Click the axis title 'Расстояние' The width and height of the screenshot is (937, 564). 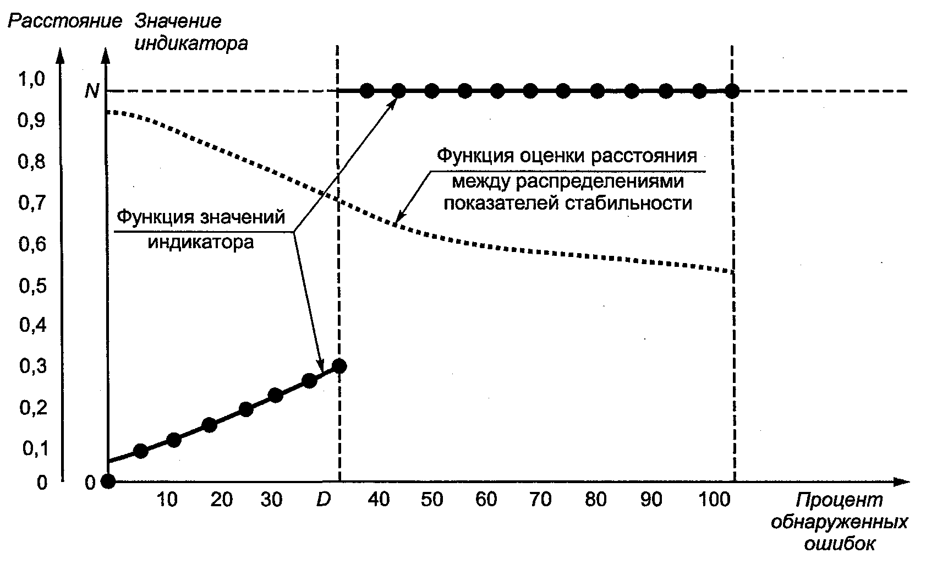click(65, 21)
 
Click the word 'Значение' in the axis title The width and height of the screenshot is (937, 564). click(178, 21)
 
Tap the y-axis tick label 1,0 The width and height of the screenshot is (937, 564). click(31, 79)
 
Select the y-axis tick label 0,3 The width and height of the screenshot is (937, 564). click(33, 366)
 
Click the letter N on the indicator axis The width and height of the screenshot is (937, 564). click(92, 91)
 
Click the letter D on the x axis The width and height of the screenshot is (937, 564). click(324, 499)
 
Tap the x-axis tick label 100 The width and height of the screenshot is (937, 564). click(715, 499)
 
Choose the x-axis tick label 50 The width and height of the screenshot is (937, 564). click(432, 499)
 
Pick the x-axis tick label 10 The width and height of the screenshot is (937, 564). click(167, 499)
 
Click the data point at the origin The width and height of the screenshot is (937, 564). click(108, 481)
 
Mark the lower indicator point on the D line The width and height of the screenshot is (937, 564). click(339, 366)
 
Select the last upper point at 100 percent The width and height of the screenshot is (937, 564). click(732, 91)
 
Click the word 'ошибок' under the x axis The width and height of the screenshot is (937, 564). click(840, 544)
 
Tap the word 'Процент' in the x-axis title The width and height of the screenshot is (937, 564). click(839, 500)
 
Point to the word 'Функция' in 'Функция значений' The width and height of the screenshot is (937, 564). click(155, 217)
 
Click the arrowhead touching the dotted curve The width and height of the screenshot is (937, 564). click(399, 216)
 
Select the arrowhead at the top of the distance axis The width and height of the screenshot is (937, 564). click(61, 55)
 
